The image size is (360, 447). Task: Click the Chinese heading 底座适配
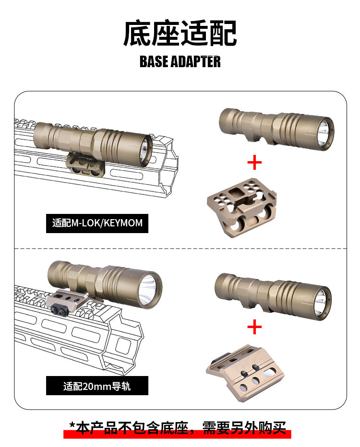click(x=180, y=33)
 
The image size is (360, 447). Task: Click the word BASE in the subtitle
click(x=154, y=61)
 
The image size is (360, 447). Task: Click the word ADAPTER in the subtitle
click(x=196, y=61)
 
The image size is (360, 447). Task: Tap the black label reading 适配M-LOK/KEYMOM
click(x=97, y=223)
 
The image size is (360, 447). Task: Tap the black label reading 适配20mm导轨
click(x=97, y=386)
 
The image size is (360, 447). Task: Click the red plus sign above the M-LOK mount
click(x=254, y=163)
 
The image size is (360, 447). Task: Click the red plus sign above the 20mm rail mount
click(x=254, y=327)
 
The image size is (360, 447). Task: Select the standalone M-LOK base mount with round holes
click(x=242, y=207)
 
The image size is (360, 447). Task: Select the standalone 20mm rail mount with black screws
click(x=245, y=373)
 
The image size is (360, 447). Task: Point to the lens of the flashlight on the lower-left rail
click(x=149, y=290)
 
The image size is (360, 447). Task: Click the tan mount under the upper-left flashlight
click(x=85, y=164)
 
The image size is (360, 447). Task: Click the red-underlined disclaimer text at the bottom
click(x=178, y=428)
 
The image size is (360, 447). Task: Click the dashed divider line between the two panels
click(x=180, y=248)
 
